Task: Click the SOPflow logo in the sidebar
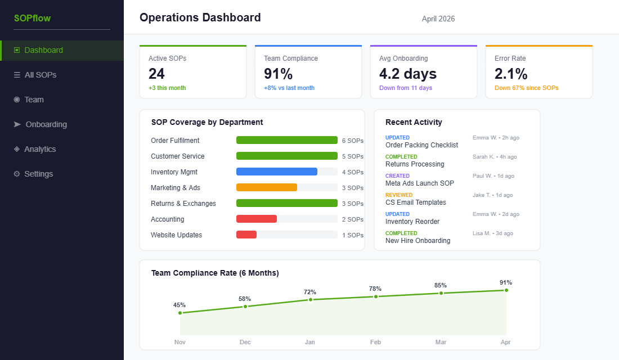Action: pos(32,18)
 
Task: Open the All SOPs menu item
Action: pos(40,75)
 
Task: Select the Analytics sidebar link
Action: pos(39,149)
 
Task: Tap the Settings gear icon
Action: pos(17,174)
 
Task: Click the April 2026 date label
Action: pos(438,19)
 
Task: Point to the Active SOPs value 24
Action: pos(157,74)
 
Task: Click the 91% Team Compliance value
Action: pos(278,74)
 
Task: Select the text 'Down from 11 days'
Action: pos(405,88)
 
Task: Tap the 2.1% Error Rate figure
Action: pos(511,74)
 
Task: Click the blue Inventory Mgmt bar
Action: pos(276,172)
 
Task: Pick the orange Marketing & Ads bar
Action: pos(266,187)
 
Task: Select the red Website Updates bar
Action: pos(246,235)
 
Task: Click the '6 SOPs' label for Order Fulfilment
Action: pos(352,141)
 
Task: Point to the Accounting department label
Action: pos(167,219)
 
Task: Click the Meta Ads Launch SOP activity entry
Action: pos(419,183)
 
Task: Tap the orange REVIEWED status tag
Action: pos(398,195)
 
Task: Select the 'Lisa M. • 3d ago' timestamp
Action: pos(492,233)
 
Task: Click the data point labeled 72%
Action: pos(310,300)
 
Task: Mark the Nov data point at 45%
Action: pos(180,313)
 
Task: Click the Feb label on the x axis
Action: pos(375,342)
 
